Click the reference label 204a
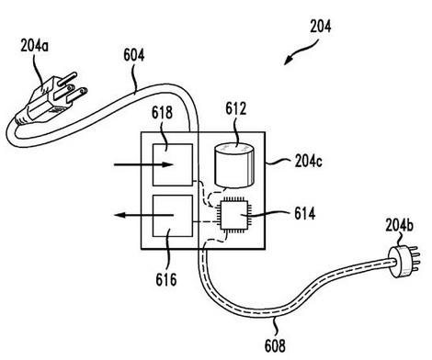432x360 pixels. point(35,46)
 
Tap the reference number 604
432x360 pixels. point(134,56)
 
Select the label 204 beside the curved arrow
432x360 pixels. point(321,27)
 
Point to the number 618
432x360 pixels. point(162,113)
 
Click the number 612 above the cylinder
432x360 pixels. point(236,108)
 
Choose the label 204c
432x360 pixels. point(309,162)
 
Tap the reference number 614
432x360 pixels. point(305,213)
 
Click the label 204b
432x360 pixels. point(399,225)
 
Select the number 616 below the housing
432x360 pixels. point(166,279)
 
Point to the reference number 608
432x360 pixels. point(275,345)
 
